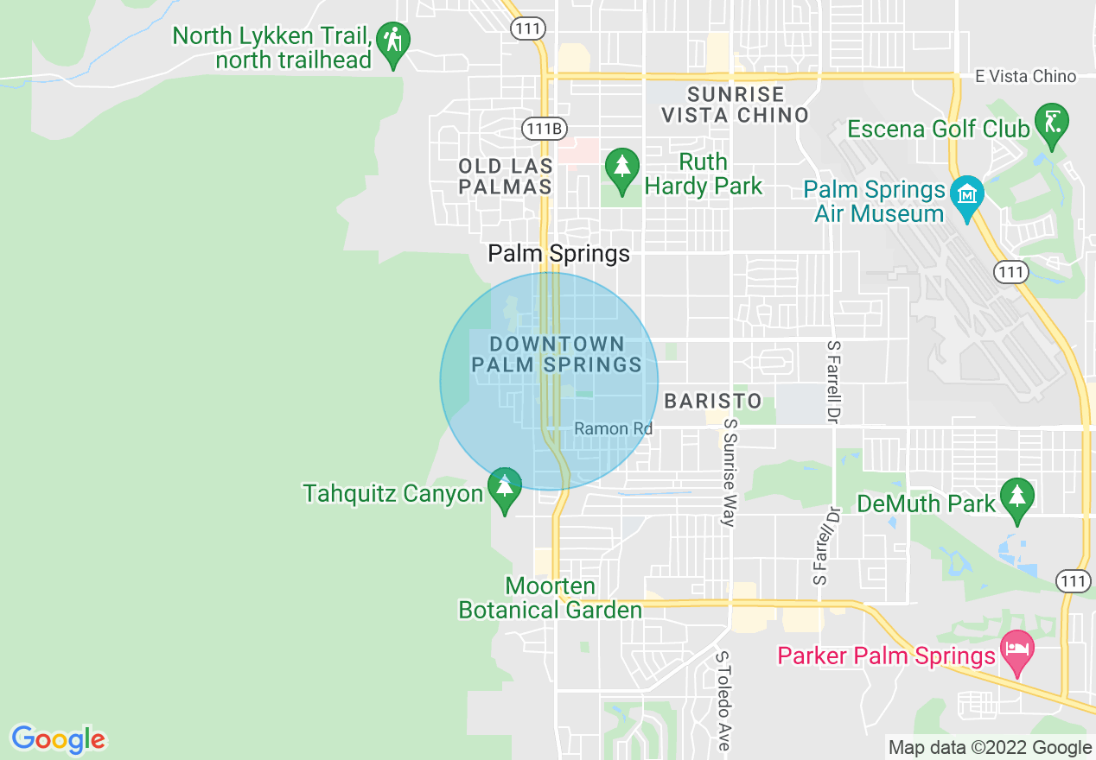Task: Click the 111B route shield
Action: click(544, 129)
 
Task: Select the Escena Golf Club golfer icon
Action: click(1052, 124)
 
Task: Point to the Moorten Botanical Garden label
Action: click(551, 598)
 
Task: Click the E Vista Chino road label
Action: click(1025, 77)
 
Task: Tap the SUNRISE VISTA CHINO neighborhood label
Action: click(735, 104)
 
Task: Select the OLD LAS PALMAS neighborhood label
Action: click(505, 175)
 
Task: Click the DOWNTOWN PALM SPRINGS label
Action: click(557, 354)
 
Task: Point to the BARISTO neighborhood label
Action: click(713, 401)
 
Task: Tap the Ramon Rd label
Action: click(613, 428)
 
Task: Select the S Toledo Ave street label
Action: click(723, 700)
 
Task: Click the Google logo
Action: click(58, 739)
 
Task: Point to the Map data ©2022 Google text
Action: click(991, 748)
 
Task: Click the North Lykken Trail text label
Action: click(272, 48)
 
